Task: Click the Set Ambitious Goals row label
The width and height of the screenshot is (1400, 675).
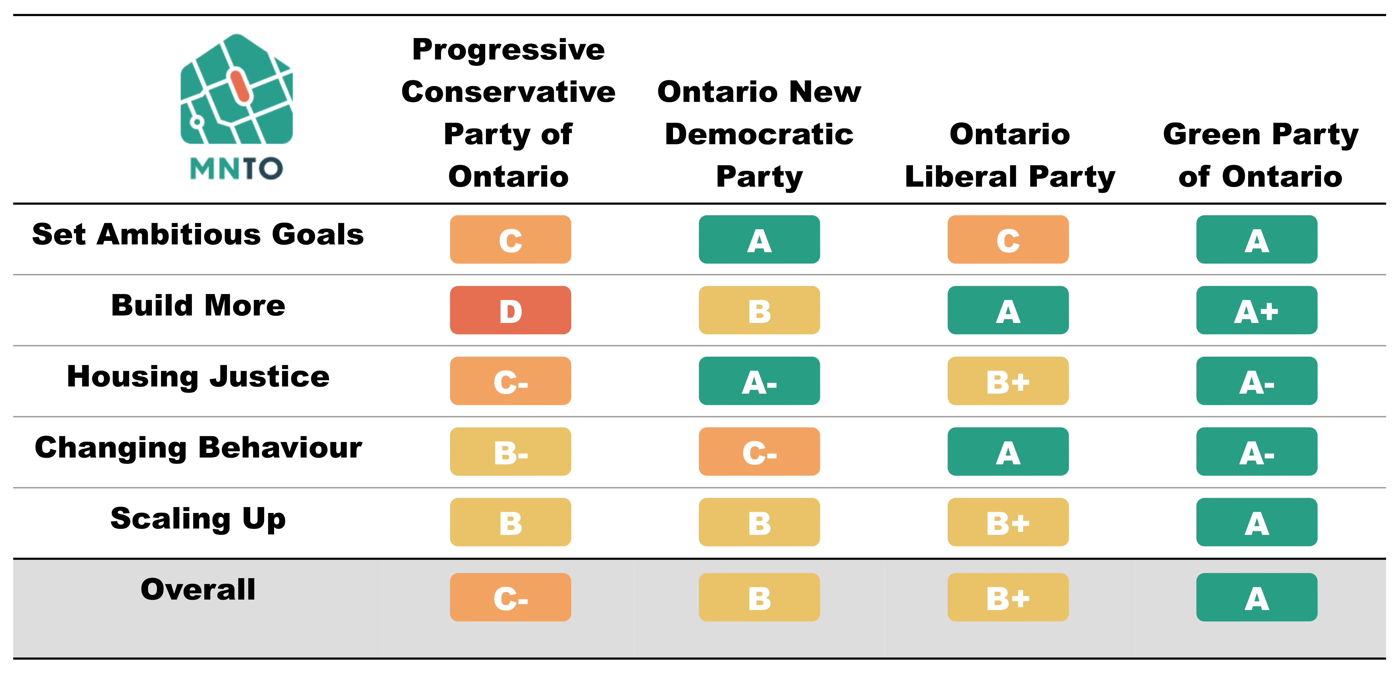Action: [x=198, y=235]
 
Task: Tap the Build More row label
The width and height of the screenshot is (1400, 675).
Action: [x=198, y=305]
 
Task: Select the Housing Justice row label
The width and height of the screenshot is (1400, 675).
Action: [x=198, y=376]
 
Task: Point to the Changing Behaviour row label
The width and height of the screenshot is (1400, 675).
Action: [x=198, y=448]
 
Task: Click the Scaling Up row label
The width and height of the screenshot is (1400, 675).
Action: [x=198, y=519]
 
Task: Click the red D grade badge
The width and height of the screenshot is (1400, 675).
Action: [x=510, y=310]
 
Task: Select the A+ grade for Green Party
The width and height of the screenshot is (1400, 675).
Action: [x=1256, y=310]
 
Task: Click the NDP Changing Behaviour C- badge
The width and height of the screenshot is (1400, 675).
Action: [x=759, y=451]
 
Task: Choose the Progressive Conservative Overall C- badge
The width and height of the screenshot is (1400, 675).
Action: [x=510, y=597]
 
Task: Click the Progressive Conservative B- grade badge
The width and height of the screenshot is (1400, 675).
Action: [x=510, y=451]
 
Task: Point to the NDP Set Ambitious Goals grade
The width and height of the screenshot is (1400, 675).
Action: [x=759, y=240]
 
